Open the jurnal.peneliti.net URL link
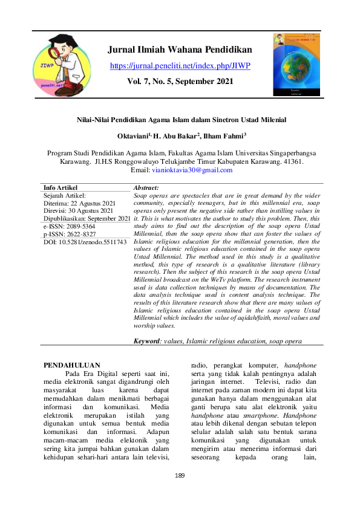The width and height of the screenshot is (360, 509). coord(180,65)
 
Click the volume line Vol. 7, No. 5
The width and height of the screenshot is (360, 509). coord(180,80)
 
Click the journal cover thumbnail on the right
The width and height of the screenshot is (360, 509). coord(298,65)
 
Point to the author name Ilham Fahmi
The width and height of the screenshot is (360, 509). coord(224,137)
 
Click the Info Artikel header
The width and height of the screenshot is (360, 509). coord(61,188)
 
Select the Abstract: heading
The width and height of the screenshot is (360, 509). coord(146,189)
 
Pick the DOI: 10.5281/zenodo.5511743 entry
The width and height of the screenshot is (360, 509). coord(85,242)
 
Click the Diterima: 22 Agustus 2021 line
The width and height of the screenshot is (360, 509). coord(79,204)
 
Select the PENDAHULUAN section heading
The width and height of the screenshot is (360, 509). coord(72,365)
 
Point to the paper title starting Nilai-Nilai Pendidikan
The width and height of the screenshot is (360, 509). coord(180,120)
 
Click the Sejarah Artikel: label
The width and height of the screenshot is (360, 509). coord(66,196)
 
